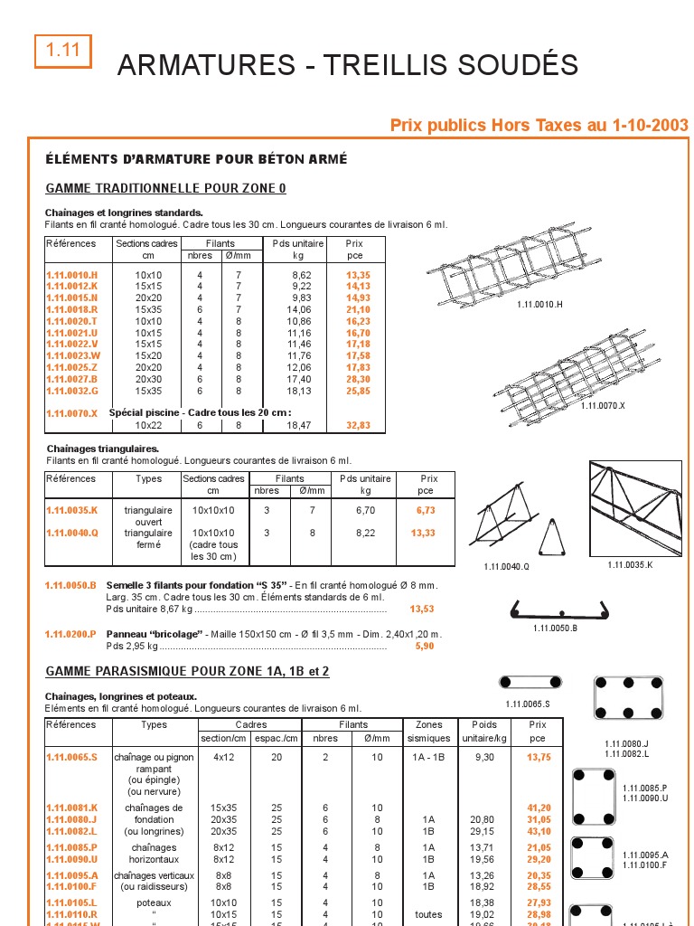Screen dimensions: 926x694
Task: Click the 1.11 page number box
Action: click(x=63, y=52)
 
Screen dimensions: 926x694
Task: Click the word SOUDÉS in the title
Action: click(x=519, y=65)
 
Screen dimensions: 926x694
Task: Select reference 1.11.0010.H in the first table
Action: click(x=71, y=274)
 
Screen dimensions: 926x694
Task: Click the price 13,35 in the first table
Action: click(x=358, y=274)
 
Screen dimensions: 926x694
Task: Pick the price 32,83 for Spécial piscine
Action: click(x=358, y=425)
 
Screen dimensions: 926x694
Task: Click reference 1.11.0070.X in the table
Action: click(x=71, y=413)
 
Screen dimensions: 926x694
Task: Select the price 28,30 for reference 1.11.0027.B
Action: click(x=358, y=379)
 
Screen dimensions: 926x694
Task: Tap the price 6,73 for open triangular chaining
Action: click(x=426, y=510)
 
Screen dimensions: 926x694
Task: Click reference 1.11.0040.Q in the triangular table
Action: click(x=71, y=534)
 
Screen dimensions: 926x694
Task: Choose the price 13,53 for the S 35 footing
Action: click(x=422, y=609)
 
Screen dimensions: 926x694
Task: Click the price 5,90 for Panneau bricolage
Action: click(x=425, y=647)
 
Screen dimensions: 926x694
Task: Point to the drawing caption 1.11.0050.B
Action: click(x=555, y=628)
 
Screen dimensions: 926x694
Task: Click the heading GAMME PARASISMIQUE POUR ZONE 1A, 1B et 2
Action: click(x=187, y=672)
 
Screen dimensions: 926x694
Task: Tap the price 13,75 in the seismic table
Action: click(x=539, y=757)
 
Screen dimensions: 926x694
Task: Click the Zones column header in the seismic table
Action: click(x=428, y=725)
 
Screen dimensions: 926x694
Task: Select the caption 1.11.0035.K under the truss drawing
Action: click(x=630, y=565)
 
